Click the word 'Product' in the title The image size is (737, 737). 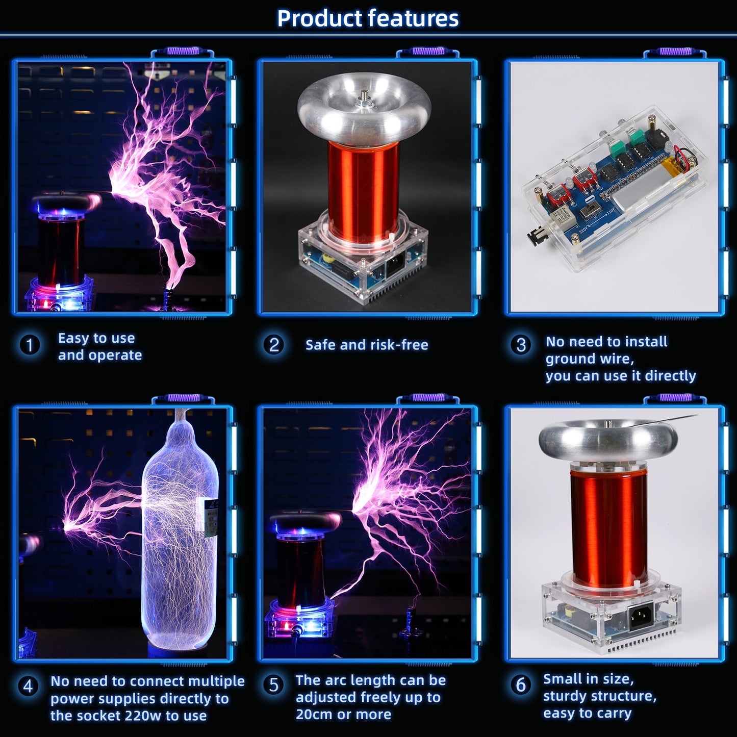[x=319, y=19]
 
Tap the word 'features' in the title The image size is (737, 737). [x=413, y=18]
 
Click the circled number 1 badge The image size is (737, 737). [x=30, y=345]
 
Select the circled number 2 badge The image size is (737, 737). [x=274, y=345]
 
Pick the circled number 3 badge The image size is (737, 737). [x=521, y=345]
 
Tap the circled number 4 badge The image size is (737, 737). [x=28, y=686]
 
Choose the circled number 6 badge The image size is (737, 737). [x=521, y=684]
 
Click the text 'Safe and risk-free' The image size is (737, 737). [x=367, y=345]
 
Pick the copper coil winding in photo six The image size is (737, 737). [x=609, y=528]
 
